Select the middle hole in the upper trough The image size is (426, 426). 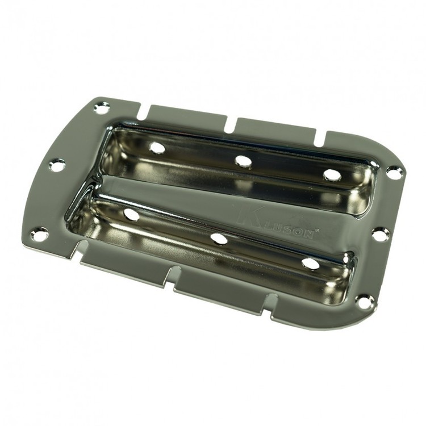(x=244, y=161)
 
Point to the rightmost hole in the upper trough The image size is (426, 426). (x=332, y=176)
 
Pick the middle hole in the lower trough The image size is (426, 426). (x=219, y=239)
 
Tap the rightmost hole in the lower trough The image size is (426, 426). (x=310, y=264)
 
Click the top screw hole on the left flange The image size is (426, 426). (x=102, y=107)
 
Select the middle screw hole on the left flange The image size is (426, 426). (x=57, y=165)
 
